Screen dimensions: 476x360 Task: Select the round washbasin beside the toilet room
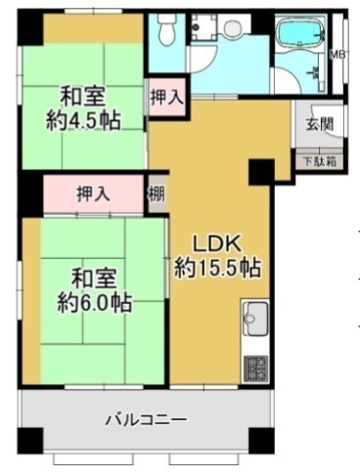tap(234, 27)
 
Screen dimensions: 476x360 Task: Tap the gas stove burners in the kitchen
tap(255, 367)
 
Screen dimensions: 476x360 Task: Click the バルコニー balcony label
tap(147, 419)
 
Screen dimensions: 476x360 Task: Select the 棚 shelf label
tap(157, 194)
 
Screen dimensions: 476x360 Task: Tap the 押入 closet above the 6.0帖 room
tap(94, 194)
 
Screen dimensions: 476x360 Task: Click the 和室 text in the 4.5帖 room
tap(83, 97)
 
